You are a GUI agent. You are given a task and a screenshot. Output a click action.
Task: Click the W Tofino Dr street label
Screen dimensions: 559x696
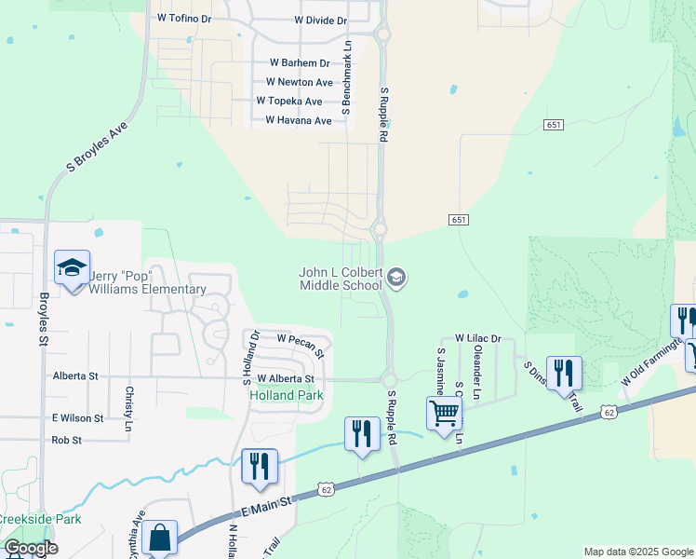(x=185, y=18)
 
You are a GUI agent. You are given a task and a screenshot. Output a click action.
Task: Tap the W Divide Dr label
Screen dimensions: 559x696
(x=320, y=20)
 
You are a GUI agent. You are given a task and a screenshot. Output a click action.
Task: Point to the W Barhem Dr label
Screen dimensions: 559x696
(x=300, y=62)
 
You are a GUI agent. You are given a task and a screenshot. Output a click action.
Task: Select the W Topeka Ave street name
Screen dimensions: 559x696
(x=288, y=101)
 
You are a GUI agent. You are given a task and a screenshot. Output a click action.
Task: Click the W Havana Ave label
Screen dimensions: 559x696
(x=298, y=120)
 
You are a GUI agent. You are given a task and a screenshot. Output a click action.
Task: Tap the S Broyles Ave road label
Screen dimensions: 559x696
(x=96, y=150)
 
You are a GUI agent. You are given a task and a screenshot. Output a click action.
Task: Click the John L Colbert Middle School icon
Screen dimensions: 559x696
(x=396, y=277)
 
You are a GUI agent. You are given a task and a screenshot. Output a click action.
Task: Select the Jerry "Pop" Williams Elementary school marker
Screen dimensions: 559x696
(x=72, y=268)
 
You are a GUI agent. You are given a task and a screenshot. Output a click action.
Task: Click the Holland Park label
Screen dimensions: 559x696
(x=287, y=395)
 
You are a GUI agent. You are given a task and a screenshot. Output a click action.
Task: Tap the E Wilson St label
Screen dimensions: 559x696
(x=78, y=418)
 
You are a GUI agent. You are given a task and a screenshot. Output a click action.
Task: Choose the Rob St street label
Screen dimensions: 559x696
(x=67, y=440)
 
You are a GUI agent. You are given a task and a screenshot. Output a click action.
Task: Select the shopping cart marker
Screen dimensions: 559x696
(x=445, y=412)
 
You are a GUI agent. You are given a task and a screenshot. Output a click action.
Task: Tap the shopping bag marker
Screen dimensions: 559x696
(x=159, y=538)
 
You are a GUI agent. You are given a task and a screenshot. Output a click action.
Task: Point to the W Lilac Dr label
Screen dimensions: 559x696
(x=477, y=338)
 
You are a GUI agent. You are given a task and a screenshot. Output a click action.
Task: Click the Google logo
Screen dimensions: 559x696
(x=31, y=548)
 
